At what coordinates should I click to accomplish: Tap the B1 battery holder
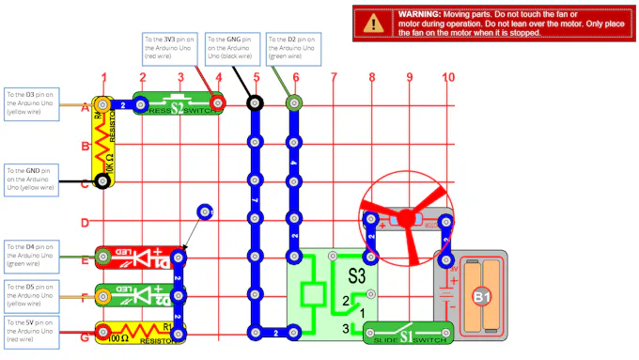coord(481,297)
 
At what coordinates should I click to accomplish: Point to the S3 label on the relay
coord(357,276)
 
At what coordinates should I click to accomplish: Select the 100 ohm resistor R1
coord(141,331)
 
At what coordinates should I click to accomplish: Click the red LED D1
coord(141,256)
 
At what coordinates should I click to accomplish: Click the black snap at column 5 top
coord(254,102)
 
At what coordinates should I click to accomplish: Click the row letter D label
coord(85,223)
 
